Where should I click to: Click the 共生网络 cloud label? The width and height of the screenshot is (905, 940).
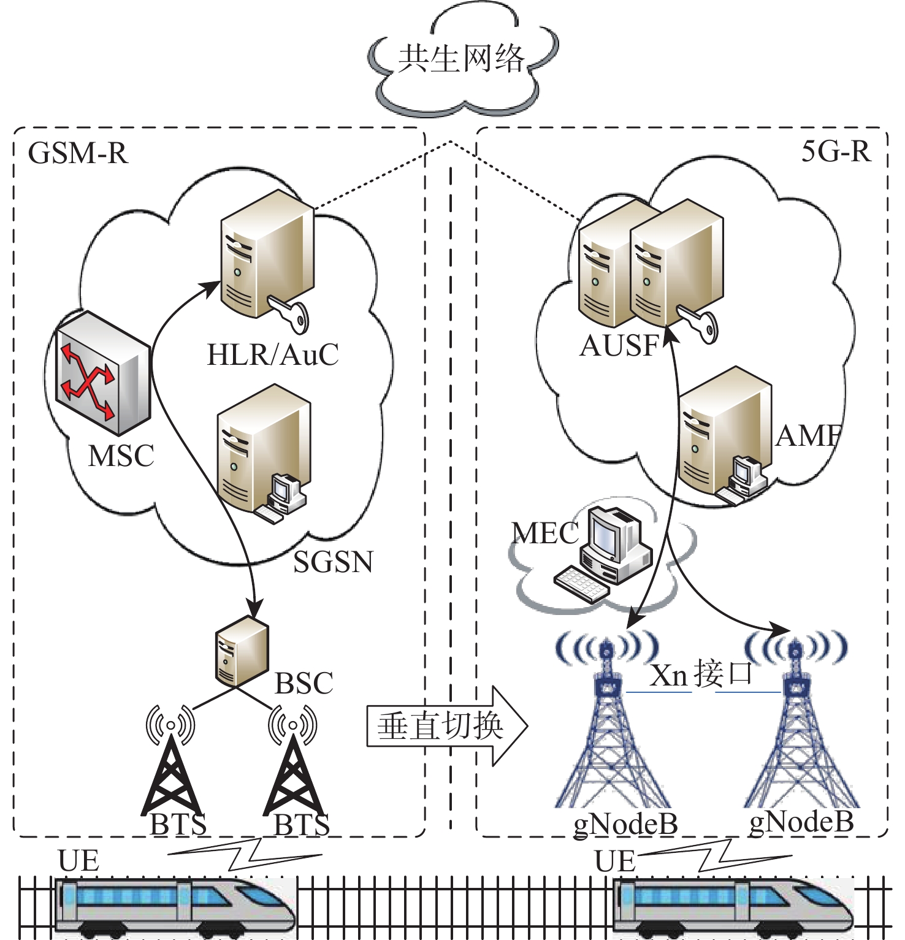click(x=461, y=59)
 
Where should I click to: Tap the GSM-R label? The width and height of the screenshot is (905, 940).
click(x=78, y=153)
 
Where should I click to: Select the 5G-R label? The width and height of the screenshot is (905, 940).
click(x=836, y=151)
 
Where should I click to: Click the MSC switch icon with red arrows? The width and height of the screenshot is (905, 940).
click(x=102, y=372)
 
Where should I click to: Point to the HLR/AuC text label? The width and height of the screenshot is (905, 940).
click(x=273, y=354)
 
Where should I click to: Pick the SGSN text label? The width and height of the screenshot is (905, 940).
click(x=333, y=562)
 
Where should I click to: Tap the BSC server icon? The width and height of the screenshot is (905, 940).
click(x=242, y=651)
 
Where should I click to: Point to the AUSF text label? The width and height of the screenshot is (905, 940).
click(x=619, y=346)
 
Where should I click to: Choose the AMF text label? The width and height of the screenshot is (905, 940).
click(x=808, y=436)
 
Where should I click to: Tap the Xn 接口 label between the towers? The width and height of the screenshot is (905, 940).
click(x=701, y=674)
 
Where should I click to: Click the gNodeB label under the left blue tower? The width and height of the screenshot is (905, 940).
click(x=625, y=823)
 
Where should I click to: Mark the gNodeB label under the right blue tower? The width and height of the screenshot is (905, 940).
click(x=801, y=822)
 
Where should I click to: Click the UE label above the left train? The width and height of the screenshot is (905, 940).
click(x=78, y=861)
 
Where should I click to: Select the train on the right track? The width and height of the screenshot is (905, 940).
click(x=733, y=906)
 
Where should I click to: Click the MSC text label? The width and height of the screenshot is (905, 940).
click(x=121, y=456)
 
